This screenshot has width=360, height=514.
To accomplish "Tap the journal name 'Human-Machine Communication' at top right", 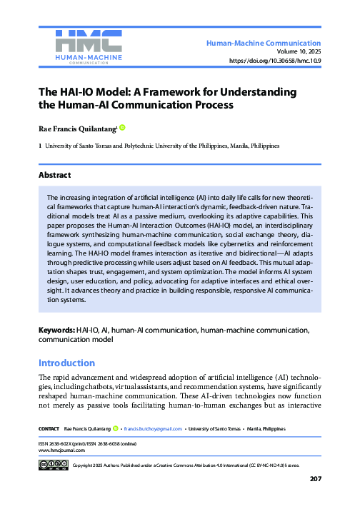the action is coord(264,44).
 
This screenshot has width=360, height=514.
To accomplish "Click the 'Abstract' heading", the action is coord(55,173).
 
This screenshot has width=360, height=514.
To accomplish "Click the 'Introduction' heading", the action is coord(66,363).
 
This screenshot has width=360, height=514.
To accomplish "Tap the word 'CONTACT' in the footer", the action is coord(49,428).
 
